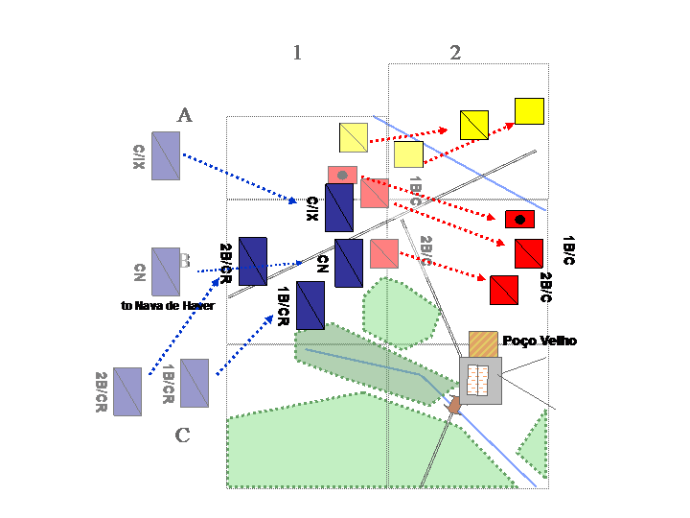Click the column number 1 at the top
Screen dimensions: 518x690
click(x=297, y=53)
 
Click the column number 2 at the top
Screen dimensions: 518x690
click(x=455, y=53)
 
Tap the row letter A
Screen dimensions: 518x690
click(x=185, y=115)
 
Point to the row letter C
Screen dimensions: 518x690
click(x=182, y=436)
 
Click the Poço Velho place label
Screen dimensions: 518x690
click(x=540, y=341)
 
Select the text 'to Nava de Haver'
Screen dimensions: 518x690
click(x=168, y=305)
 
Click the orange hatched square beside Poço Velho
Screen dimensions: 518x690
click(x=483, y=344)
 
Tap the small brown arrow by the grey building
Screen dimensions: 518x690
click(x=455, y=407)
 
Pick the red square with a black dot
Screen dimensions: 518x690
click(x=519, y=219)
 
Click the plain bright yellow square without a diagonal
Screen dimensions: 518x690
click(x=529, y=111)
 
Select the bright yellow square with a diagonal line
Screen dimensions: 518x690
click(x=474, y=125)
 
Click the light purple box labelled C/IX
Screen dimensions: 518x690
click(x=166, y=156)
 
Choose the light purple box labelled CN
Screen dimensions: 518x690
click(x=166, y=271)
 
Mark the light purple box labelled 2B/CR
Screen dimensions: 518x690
click(x=127, y=391)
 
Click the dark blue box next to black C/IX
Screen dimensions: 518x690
click(x=339, y=207)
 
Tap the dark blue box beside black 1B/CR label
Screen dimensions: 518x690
click(x=310, y=305)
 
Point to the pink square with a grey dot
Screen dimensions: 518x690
click(x=342, y=175)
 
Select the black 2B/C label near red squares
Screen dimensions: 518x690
click(x=545, y=288)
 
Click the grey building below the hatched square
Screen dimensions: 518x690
click(x=480, y=381)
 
